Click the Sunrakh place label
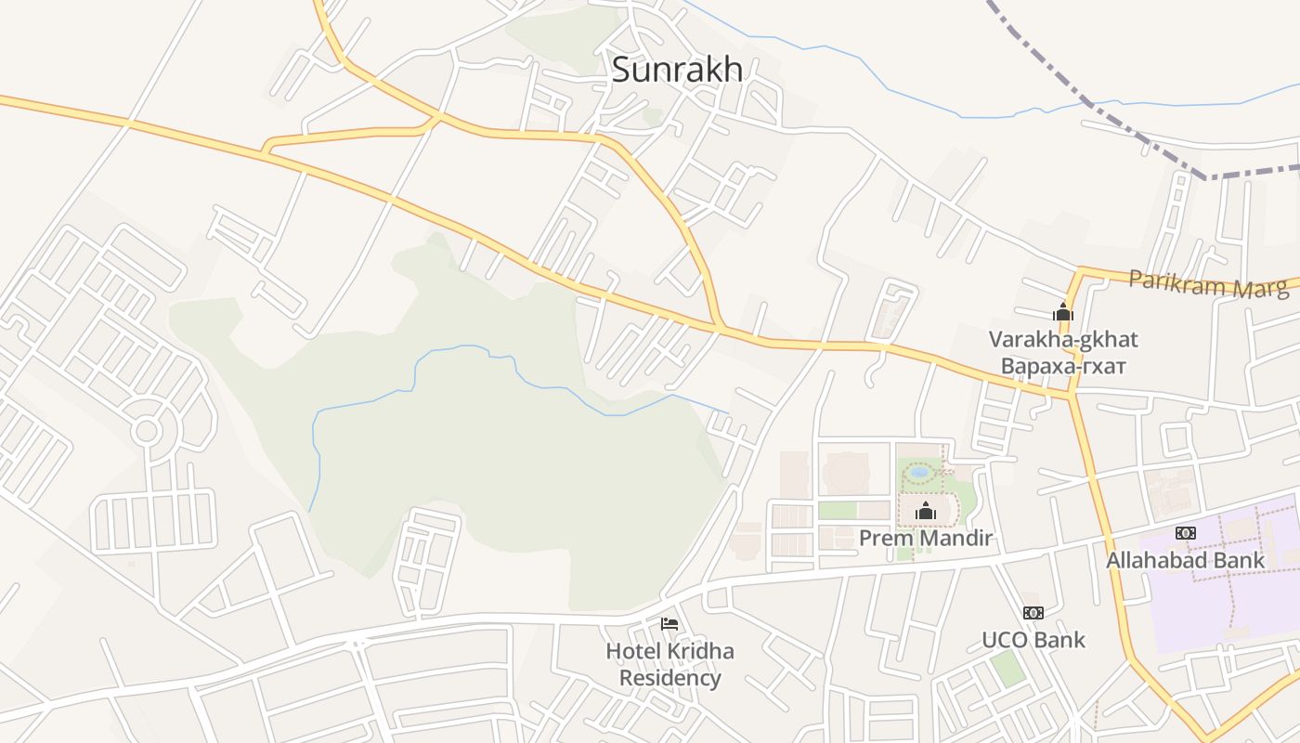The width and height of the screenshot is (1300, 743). (x=677, y=70)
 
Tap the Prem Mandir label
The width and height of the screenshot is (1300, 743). (x=925, y=538)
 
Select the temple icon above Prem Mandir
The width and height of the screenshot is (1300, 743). (x=925, y=510)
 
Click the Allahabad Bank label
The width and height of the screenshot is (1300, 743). (x=1185, y=560)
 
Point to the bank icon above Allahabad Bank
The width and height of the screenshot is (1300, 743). (x=1185, y=533)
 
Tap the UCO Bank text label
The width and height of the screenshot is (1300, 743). (x=1033, y=640)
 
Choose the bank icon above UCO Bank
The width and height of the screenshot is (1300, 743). (x=1033, y=613)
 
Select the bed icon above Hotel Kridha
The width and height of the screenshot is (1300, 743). (x=669, y=623)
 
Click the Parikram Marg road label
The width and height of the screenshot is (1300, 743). (x=1209, y=283)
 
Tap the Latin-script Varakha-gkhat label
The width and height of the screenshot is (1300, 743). (x=1063, y=339)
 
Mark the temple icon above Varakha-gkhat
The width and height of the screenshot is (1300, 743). (x=1063, y=313)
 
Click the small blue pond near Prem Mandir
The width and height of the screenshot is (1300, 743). (x=919, y=473)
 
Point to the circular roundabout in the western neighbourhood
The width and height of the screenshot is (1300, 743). (x=146, y=430)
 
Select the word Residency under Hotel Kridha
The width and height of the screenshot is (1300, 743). (x=669, y=678)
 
